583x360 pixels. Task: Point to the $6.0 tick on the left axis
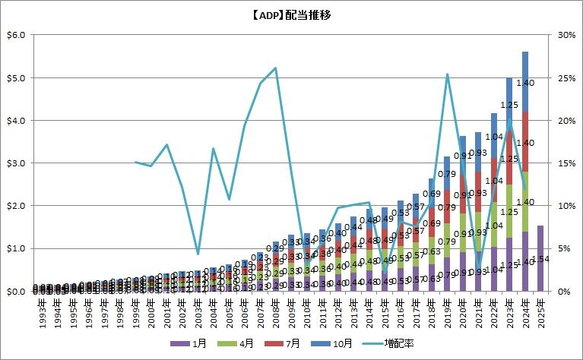point(15,35)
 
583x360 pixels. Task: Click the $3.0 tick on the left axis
point(15,163)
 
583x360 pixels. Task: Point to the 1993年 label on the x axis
point(37,311)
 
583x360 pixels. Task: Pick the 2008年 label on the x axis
point(275,311)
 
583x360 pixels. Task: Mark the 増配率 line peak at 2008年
point(275,68)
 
